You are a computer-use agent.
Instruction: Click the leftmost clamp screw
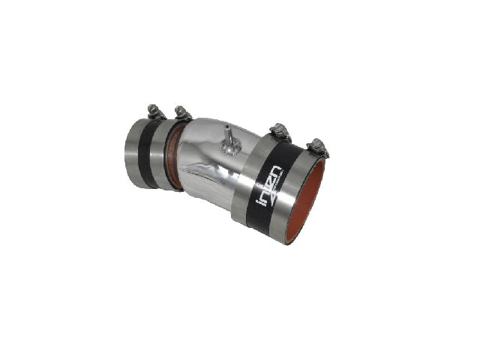tap(154, 111)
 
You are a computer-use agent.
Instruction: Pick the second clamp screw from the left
tap(182, 113)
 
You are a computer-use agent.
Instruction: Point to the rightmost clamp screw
tap(318, 145)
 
